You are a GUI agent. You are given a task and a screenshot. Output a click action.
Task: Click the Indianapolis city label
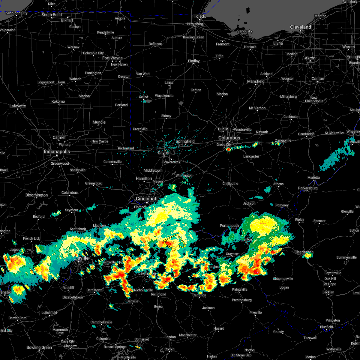57,152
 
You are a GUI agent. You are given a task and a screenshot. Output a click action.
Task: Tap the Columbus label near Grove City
229,138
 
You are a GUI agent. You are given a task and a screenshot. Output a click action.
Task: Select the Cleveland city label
300,27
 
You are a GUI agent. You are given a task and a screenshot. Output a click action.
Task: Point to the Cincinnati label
147,199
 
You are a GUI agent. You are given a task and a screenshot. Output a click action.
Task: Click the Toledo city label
200,16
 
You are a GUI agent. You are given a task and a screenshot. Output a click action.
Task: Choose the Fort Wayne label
112,58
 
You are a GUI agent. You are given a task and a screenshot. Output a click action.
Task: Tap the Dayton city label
164,153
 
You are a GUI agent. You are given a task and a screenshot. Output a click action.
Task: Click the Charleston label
304,252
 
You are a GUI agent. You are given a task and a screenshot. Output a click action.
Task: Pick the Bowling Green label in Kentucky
39,347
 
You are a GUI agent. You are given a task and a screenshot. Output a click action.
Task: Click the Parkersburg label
308,188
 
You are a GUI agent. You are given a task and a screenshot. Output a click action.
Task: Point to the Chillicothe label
230,184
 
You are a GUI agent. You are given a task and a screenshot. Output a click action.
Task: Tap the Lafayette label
18,106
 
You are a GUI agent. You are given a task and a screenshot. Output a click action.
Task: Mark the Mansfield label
256,81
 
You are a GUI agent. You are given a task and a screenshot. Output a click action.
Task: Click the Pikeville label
256,313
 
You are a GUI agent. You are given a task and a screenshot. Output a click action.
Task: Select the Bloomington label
37,195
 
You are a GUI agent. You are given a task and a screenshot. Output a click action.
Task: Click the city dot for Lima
169,86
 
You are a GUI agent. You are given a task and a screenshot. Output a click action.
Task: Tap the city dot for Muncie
99,126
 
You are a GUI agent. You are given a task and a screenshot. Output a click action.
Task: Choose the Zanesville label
283,140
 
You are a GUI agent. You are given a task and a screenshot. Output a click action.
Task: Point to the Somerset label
142,339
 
